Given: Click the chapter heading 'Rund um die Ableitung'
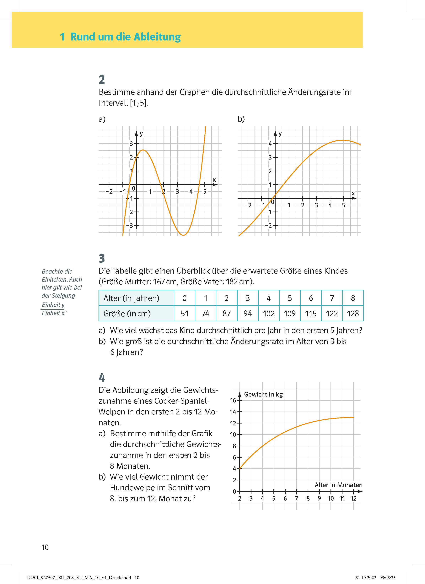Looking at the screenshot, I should (x=125, y=37).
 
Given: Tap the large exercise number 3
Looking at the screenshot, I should (x=102, y=258).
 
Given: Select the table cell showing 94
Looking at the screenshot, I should (x=247, y=313).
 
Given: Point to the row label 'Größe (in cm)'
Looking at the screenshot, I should (x=127, y=313).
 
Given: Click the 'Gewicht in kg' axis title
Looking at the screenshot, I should (x=263, y=394).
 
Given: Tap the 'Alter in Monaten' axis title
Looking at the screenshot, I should (x=338, y=485).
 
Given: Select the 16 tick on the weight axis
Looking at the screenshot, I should (x=233, y=400).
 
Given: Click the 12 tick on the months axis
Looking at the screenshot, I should (x=353, y=498).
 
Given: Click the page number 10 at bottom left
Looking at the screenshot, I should (x=45, y=547).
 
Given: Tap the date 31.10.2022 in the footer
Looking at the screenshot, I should (x=366, y=578).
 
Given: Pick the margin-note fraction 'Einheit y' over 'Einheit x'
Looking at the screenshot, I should (x=53, y=309).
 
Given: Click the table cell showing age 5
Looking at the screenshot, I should (x=290, y=298).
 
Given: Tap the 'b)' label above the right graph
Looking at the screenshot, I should (x=241, y=119).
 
